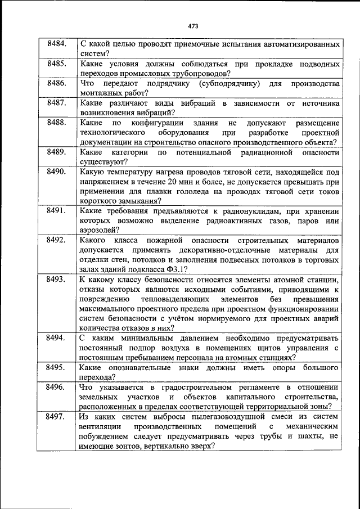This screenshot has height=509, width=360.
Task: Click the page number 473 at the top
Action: (193, 25)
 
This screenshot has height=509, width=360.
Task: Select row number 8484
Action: (57, 44)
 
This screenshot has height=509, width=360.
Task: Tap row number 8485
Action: (57, 64)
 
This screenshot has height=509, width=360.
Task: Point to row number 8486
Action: (57, 83)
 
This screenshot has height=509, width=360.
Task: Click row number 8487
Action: (57, 103)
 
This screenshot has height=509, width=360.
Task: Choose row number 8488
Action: (57, 123)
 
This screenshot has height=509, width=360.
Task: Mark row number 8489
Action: (57, 152)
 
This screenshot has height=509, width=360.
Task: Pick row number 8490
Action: (57, 172)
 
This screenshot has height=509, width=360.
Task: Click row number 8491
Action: (57, 210)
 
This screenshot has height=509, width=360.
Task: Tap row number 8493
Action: (57, 279)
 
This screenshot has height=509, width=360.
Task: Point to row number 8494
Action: (57, 338)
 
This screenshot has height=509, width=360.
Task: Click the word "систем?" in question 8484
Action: (94, 54)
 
